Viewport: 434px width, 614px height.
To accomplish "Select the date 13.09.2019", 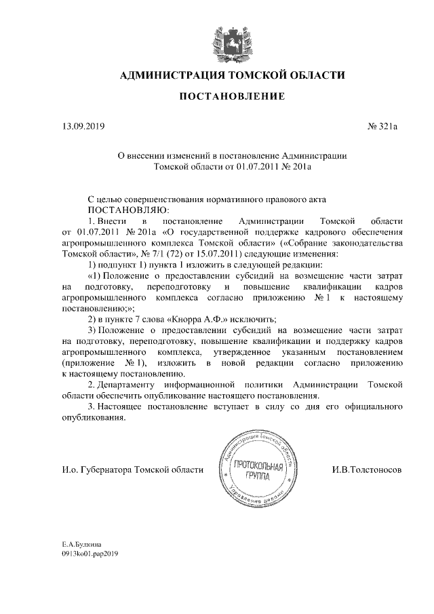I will (x=80, y=126).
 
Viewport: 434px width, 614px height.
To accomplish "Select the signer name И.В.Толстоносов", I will (x=366, y=469).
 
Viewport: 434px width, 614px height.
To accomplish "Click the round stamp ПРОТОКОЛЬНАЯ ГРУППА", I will (x=257, y=466).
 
